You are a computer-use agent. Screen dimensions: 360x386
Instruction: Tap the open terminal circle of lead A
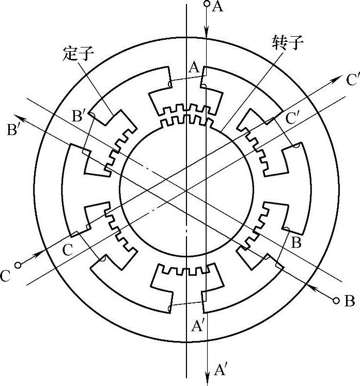coord(207,4)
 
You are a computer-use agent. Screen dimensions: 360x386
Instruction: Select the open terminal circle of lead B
coord(336,300)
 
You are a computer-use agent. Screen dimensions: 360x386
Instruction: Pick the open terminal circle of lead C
coord(18,265)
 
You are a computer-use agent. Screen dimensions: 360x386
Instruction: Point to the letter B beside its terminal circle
coord(350,301)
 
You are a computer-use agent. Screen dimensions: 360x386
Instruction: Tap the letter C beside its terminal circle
coord(6,275)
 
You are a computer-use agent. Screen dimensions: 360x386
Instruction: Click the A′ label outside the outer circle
coord(221,369)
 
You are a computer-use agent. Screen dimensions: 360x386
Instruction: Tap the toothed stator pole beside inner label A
coord(186,98)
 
